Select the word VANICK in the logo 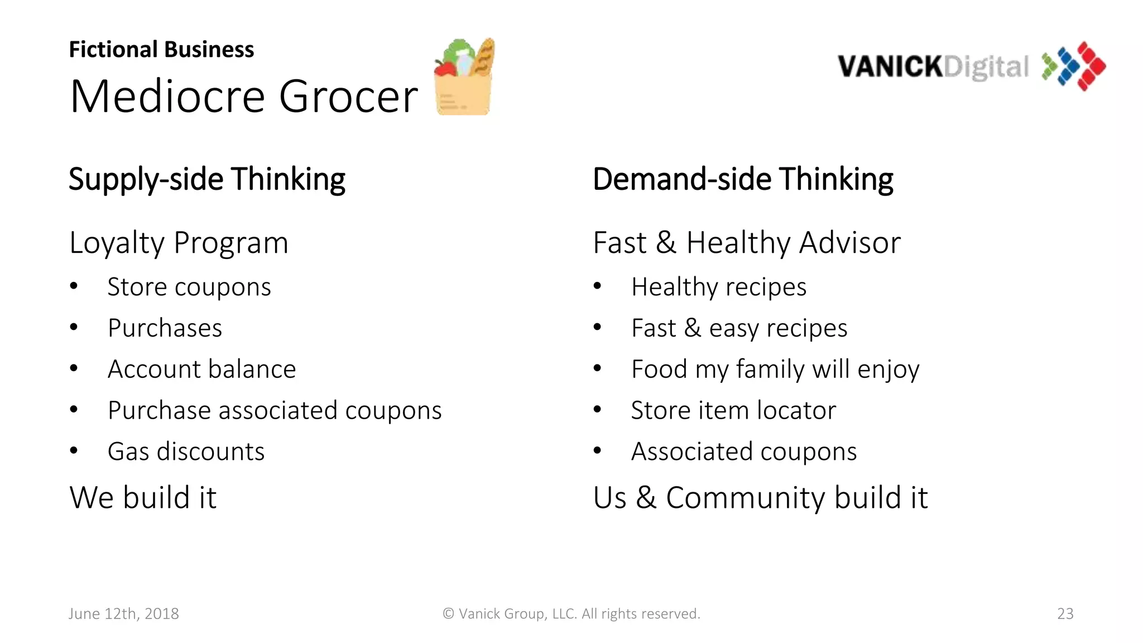tap(890, 66)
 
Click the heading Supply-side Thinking tap(206, 179)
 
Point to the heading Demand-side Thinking tap(742, 179)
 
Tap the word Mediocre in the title tap(167, 97)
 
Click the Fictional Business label tap(161, 50)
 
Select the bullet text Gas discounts tap(186, 452)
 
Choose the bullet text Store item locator tap(733, 410)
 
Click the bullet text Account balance tap(201, 370)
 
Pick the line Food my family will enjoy tap(775, 370)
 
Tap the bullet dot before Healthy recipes tap(597, 286)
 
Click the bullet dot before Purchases tap(74, 327)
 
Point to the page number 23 tap(1065, 613)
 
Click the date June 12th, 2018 tap(123, 613)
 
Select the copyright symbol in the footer tap(448, 613)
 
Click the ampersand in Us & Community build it tap(646, 497)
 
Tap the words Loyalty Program tap(179, 243)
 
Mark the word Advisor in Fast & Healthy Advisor tap(850, 243)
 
